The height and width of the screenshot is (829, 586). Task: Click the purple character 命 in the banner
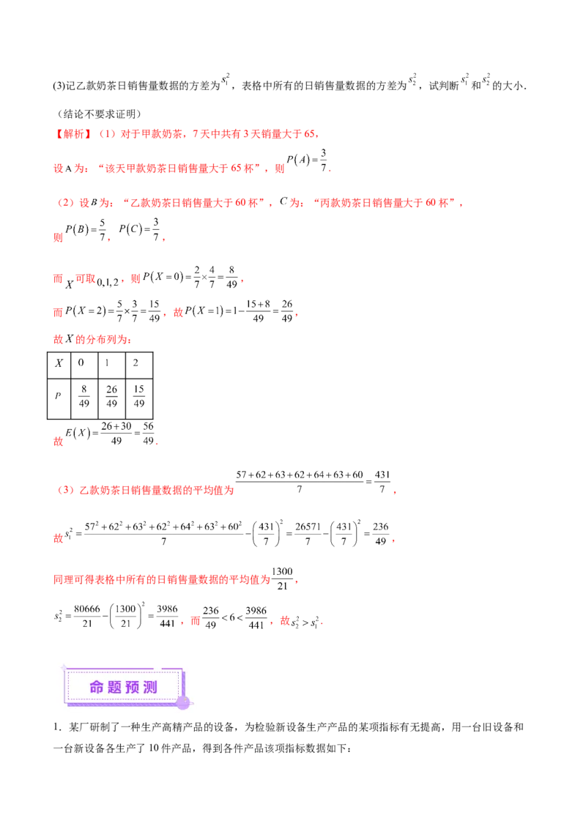(97, 687)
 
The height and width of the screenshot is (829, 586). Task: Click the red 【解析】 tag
(73, 135)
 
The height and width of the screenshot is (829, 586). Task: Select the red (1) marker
(107, 135)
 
